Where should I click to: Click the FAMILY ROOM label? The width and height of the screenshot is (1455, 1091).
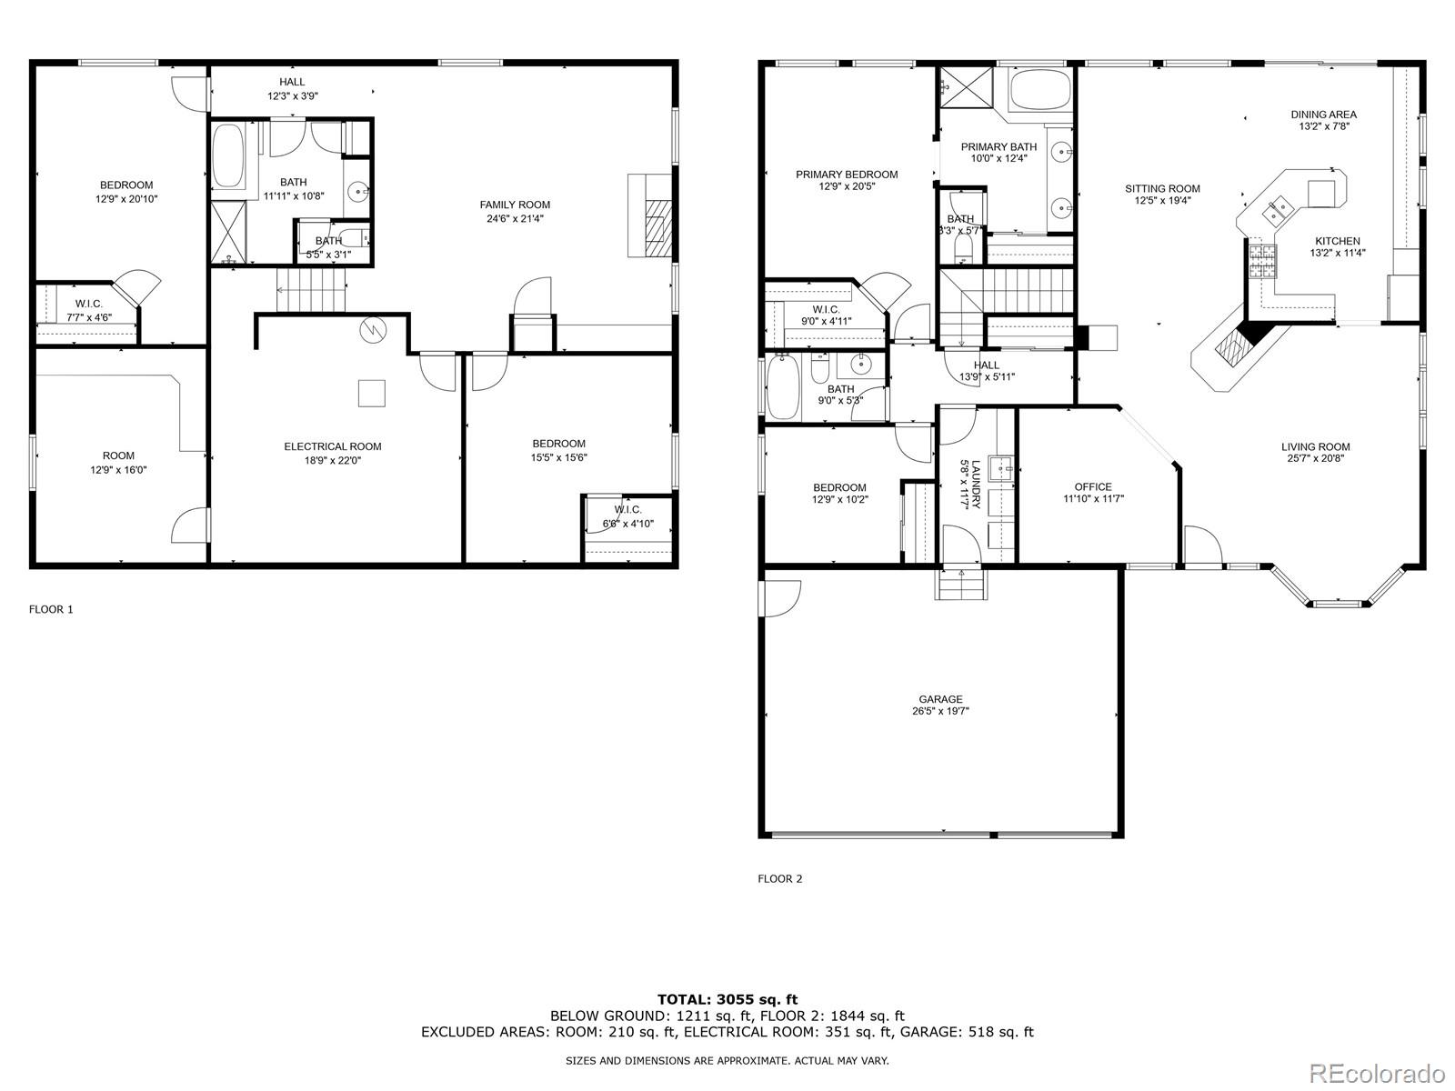[x=515, y=205]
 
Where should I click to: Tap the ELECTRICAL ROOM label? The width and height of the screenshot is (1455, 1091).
[x=333, y=446]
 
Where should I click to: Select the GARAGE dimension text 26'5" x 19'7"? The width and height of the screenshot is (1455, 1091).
[x=941, y=712]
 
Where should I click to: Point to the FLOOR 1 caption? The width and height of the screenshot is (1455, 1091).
[x=51, y=609]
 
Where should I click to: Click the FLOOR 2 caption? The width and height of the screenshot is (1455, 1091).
[x=780, y=878]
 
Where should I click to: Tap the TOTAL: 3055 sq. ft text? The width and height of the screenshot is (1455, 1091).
[x=727, y=999]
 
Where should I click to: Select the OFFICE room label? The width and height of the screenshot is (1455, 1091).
[x=1093, y=486]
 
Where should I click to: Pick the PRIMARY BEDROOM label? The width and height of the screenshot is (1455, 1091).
[x=847, y=175]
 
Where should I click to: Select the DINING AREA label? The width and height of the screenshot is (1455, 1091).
[x=1323, y=115]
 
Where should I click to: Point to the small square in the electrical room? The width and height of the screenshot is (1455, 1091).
[x=371, y=393]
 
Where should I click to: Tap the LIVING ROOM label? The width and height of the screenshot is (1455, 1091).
[x=1315, y=446]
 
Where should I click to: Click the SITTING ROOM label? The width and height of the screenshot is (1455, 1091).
[x=1162, y=189]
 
